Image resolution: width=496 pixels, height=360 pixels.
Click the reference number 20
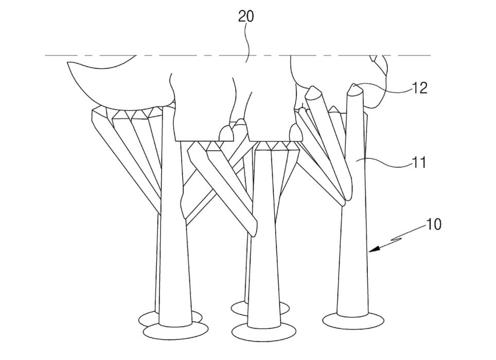pyautogui.click(x=246, y=16)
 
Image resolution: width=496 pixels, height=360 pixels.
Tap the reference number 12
pyautogui.click(x=420, y=88)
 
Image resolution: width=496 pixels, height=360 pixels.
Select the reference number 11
pyautogui.click(x=419, y=163)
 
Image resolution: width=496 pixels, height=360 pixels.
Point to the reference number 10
pyautogui.click(x=434, y=225)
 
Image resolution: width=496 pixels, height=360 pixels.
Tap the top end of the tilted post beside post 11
pyautogui.click(x=313, y=93)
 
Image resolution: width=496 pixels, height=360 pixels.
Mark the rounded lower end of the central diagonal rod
pyautogui.click(x=253, y=228)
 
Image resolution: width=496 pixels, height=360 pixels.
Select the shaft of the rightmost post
pyautogui.click(x=354, y=231)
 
